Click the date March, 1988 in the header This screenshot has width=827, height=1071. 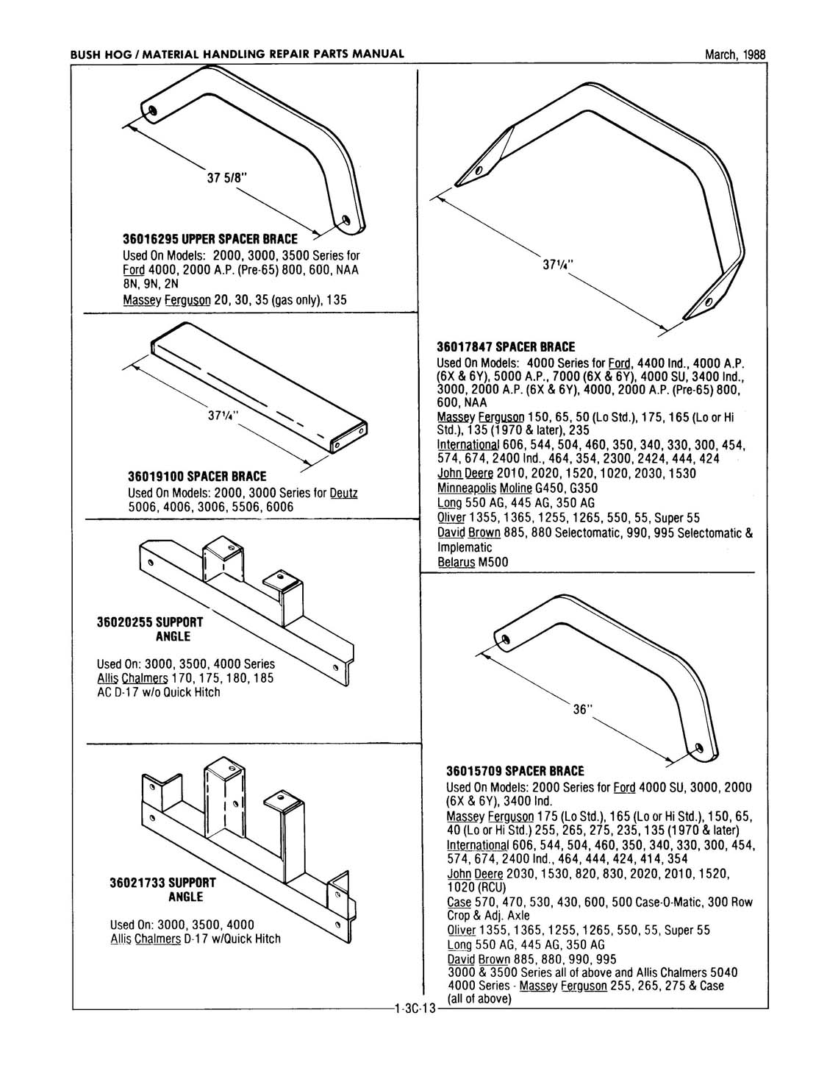click(x=734, y=54)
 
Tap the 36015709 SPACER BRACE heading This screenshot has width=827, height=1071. click(x=515, y=771)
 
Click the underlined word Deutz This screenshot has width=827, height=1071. click(x=343, y=492)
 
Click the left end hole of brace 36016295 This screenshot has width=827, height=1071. click(x=151, y=110)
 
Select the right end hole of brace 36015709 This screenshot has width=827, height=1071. click(x=698, y=750)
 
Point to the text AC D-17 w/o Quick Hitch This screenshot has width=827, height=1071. click(x=158, y=692)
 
